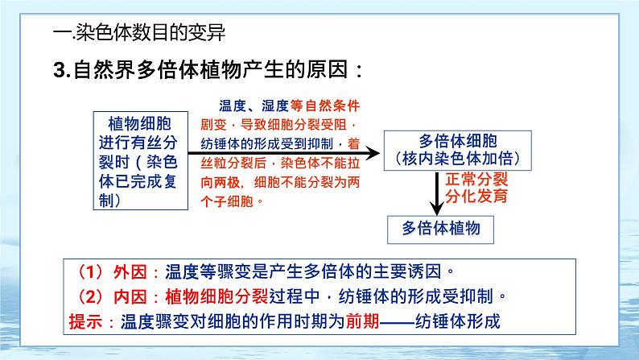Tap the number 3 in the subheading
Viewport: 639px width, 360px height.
(x=58, y=70)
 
